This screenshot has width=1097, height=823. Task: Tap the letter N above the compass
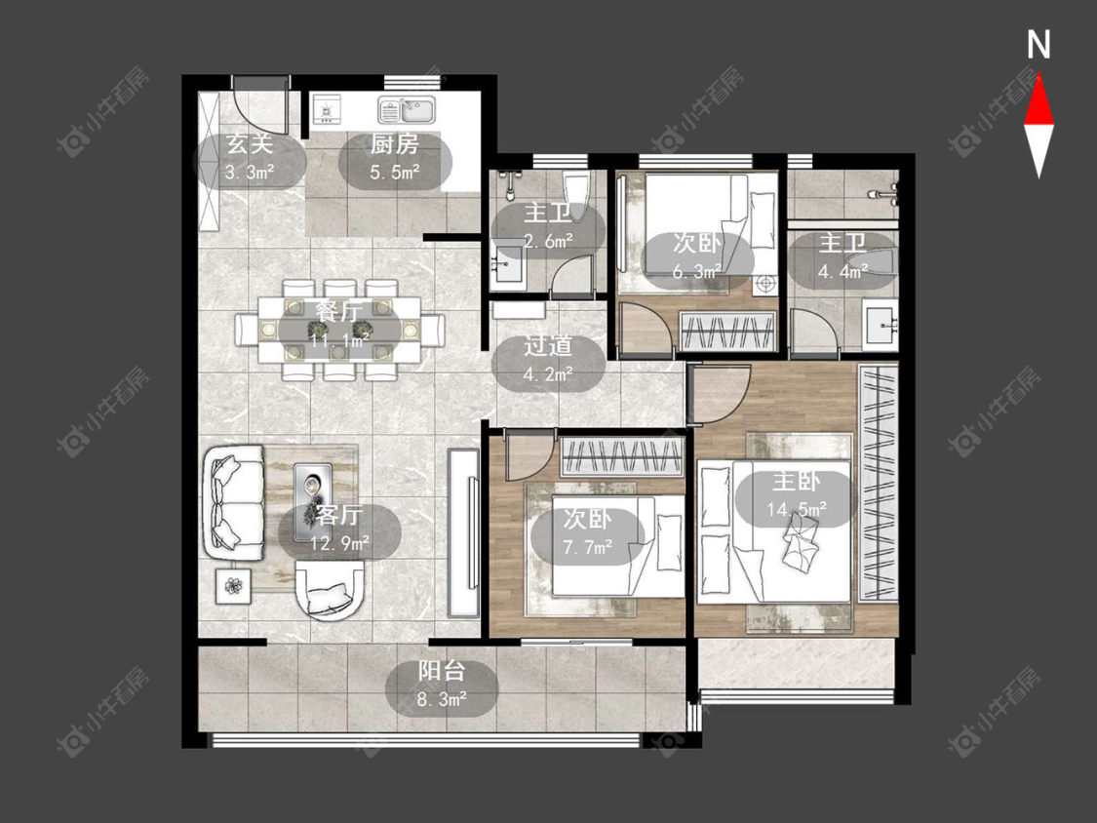[x=1038, y=45]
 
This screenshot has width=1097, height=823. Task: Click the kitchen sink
[x=407, y=110]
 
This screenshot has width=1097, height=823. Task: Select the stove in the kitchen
[x=327, y=110]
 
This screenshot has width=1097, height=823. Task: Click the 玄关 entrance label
[x=249, y=144]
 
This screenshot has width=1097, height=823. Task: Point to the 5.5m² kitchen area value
[x=395, y=173]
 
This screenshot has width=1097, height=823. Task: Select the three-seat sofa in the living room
[x=234, y=502]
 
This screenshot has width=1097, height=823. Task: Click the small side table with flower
[x=233, y=584]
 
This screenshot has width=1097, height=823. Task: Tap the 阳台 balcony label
[x=442, y=672]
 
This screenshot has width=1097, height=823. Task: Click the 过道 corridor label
[x=548, y=346]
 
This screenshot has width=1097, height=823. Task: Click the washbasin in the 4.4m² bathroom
[x=880, y=326]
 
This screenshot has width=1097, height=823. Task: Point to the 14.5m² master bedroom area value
[x=796, y=509]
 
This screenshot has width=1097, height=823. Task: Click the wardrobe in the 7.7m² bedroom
[x=621, y=457]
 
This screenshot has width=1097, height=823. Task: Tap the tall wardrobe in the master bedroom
[x=878, y=482]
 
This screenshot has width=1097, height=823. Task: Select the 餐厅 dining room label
[x=339, y=312]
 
